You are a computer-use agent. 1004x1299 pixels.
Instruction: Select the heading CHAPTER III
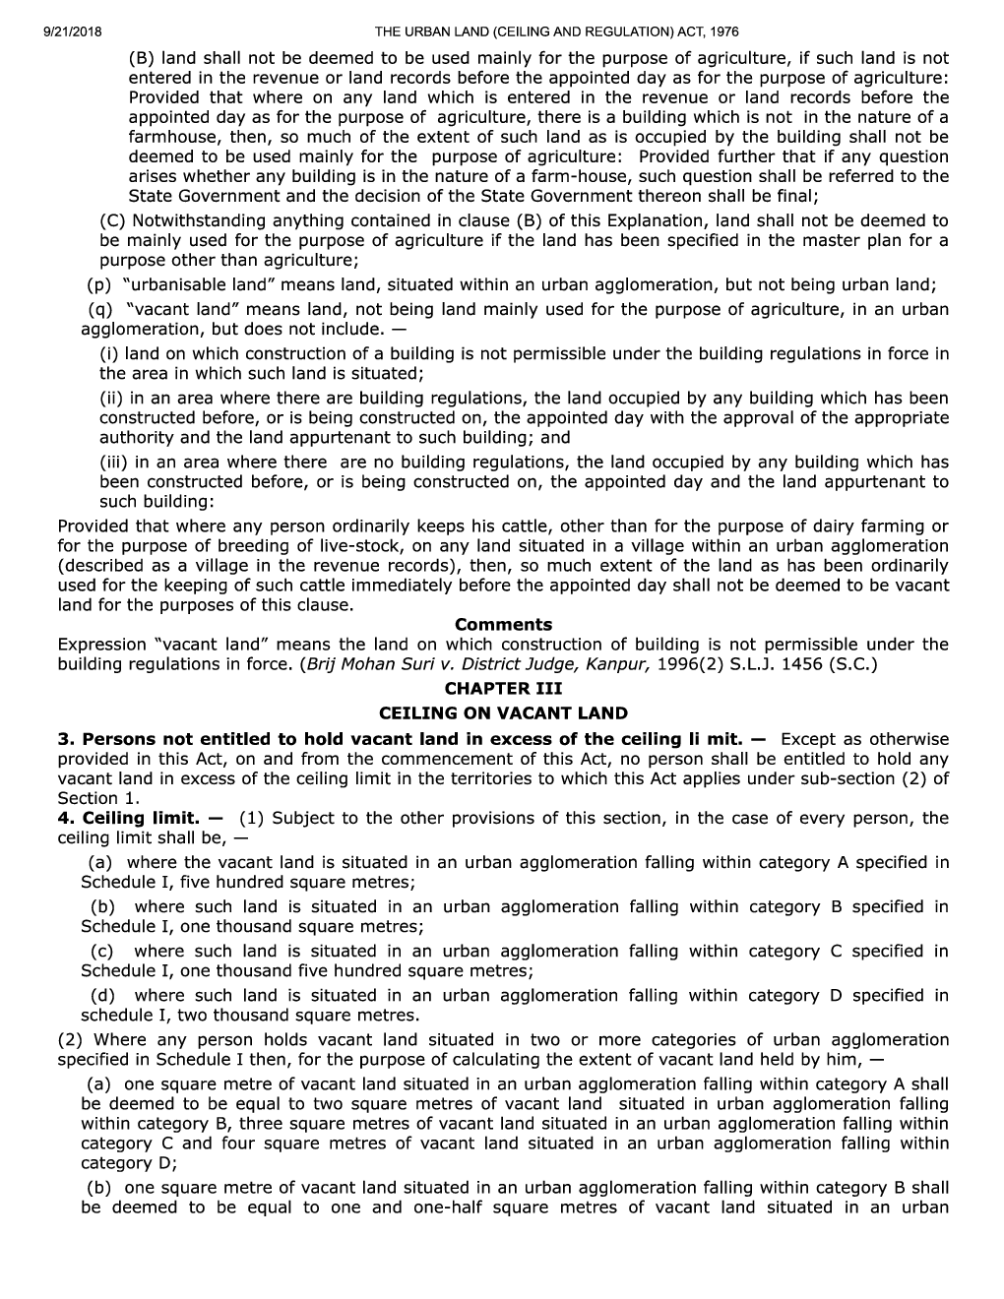503,689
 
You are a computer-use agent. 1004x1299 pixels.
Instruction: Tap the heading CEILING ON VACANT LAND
503,713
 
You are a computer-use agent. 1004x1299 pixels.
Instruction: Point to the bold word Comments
503,625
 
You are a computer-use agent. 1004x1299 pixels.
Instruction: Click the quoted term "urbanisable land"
201,285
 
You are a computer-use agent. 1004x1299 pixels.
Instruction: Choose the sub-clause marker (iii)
117,463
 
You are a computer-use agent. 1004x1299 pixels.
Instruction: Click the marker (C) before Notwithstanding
113,221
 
